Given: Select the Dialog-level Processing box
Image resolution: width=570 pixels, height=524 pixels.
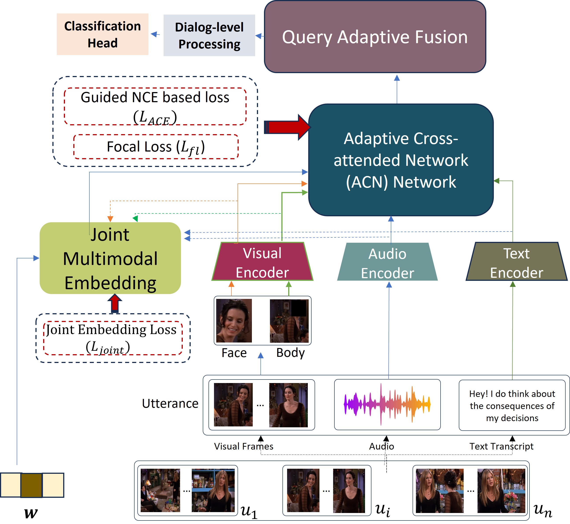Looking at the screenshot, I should (x=209, y=35).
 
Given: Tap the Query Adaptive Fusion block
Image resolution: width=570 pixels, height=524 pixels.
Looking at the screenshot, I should (x=375, y=37).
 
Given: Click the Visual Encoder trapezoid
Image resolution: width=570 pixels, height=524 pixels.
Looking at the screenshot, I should (x=262, y=262).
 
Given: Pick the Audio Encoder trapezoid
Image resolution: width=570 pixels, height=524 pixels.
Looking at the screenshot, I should (x=387, y=263).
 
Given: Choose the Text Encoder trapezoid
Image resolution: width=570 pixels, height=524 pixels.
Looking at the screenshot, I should (x=517, y=262).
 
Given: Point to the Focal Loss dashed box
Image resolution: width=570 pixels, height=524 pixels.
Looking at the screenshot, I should (x=156, y=147).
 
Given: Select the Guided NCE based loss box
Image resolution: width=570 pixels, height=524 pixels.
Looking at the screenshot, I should (x=155, y=106).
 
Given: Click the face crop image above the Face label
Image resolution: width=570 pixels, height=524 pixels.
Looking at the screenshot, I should (x=234, y=320).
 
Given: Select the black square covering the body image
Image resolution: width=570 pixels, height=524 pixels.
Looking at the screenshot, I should (x=299, y=308).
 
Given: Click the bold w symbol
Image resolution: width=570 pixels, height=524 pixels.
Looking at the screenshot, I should (x=31, y=513).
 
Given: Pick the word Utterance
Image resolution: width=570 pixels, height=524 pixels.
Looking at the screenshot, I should (x=170, y=403).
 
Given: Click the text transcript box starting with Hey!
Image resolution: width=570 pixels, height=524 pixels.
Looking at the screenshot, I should (x=512, y=405).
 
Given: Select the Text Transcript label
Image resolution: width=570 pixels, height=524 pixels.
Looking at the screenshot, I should (x=501, y=446).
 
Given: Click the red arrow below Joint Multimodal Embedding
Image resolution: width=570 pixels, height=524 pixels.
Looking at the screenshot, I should (x=114, y=303).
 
